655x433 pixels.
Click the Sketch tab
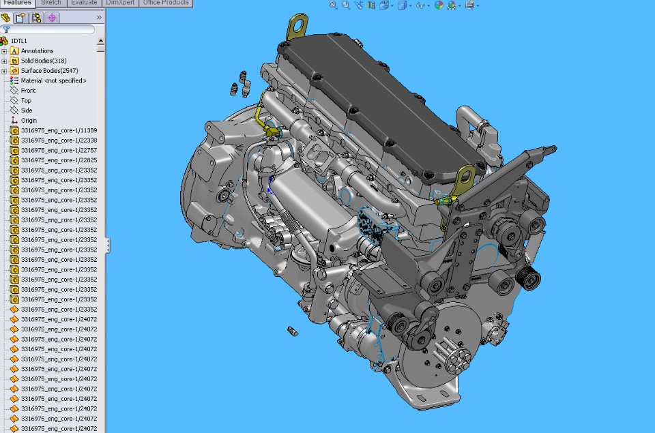coord(51,3)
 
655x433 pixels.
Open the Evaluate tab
coord(84,3)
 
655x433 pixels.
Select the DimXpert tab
coord(120,3)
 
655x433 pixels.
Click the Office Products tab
coord(166,3)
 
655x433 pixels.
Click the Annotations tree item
coord(37,51)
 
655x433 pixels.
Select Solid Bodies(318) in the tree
coord(44,61)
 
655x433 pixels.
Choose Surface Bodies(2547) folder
coord(49,71)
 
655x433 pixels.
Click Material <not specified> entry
coord(53,81)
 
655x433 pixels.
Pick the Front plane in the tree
coord(28,91)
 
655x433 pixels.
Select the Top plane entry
coord(26,101)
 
